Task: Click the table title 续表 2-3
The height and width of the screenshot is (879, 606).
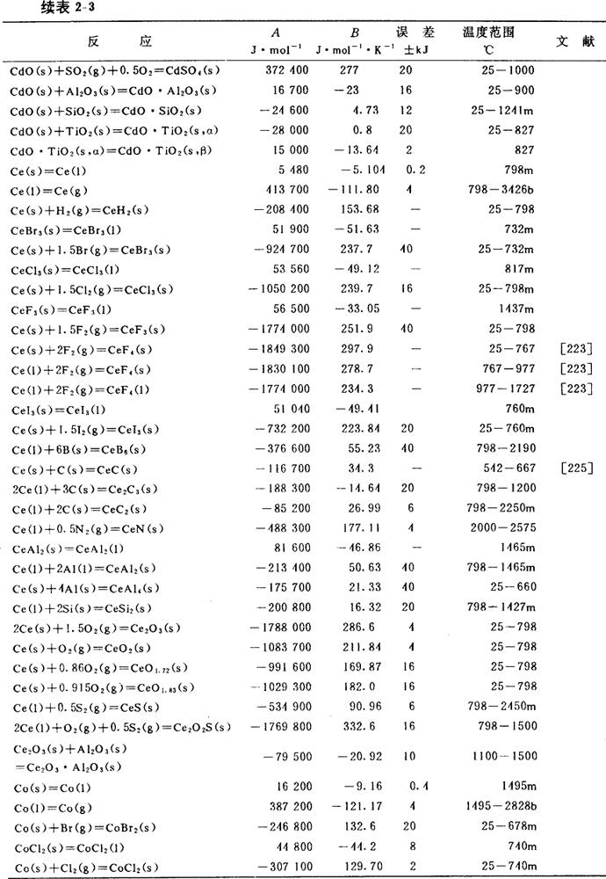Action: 41,9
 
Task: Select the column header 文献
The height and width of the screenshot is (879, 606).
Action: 574,41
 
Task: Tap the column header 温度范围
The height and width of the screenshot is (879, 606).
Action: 488,33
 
